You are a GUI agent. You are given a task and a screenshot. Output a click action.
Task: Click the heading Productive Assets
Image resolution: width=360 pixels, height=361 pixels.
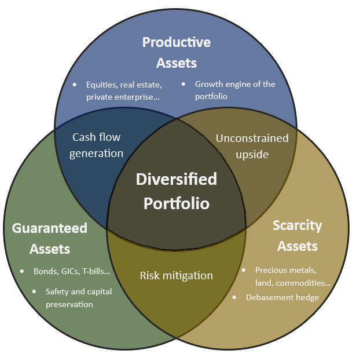[176, 52]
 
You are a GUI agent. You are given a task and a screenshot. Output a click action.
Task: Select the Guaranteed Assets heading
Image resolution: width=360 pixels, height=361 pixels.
[49, 238]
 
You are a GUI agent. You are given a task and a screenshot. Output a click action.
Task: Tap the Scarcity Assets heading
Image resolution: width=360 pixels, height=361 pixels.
[297, 235]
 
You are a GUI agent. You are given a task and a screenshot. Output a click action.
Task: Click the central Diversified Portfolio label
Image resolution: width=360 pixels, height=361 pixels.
[176, 191]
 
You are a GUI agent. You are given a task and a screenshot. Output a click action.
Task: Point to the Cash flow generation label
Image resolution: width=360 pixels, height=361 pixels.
[97, 145]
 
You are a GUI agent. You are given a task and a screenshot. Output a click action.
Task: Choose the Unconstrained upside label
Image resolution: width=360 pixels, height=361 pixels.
[252, 146]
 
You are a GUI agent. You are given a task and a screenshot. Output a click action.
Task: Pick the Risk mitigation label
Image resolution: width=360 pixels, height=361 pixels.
[176, 275]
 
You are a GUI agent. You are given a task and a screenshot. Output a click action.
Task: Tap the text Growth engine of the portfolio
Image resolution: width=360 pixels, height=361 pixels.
[234, 90]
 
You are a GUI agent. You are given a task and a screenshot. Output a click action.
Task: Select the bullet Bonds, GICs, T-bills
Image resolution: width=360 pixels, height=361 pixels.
[72, 271]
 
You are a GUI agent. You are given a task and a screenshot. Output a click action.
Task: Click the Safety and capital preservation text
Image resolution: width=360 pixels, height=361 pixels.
[78, 297]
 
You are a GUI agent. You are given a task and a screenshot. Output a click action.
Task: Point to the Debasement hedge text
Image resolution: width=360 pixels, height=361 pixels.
[282, 297]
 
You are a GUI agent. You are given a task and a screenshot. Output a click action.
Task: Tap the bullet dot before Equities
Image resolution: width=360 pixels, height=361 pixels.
[74, 85]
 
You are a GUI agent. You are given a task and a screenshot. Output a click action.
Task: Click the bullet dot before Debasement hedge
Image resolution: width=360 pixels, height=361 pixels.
[234, 297]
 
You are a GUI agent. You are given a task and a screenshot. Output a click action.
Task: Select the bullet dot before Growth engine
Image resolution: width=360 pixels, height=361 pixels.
[183, 84]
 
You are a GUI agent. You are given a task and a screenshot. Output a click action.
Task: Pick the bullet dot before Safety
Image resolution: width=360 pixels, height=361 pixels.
[34, 291]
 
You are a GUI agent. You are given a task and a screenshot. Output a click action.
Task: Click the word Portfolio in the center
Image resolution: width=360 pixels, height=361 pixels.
[176, 203]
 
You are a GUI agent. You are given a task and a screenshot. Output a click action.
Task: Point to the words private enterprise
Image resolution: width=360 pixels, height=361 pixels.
[122, 97]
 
